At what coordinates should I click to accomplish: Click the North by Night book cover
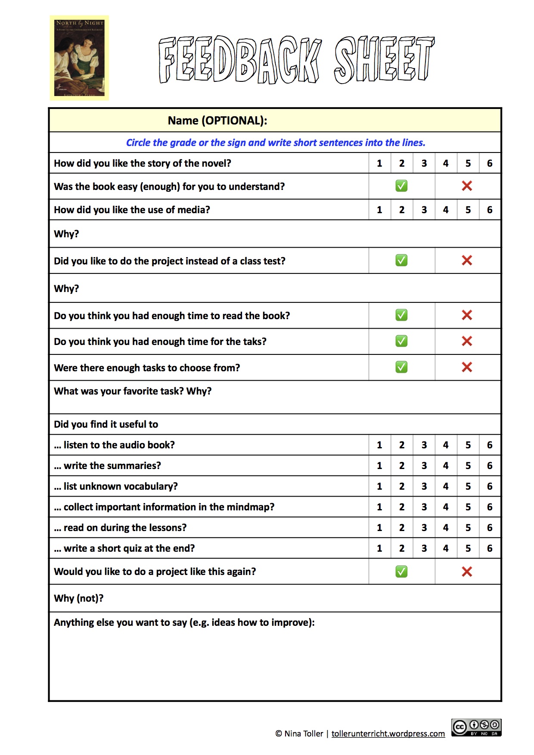point(80,58)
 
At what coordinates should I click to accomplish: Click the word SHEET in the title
point(384,59)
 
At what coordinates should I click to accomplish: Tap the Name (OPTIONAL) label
point(217,121)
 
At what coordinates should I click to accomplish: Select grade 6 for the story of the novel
point(490,164)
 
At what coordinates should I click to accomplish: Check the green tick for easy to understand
point(401,186)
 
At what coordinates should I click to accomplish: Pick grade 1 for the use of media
point(379,210)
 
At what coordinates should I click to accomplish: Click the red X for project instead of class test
point(467,261)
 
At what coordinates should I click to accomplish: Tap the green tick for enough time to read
point(401,315)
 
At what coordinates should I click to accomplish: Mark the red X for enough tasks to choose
point(467,367)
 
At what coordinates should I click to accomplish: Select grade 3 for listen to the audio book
point(424,445)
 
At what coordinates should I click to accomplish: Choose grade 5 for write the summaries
point(468,466)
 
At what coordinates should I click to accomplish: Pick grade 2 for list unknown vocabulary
point(402,487)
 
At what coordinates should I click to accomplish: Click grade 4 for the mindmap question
point(446,507)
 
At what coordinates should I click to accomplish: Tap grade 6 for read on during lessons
point(490,528)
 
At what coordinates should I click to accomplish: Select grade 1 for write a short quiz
point(379,549)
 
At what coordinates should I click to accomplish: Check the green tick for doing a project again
point(401,572)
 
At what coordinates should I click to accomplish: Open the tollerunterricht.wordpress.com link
point(388,734)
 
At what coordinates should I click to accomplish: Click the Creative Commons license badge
point(476,727)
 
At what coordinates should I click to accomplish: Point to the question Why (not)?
point(79,599)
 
